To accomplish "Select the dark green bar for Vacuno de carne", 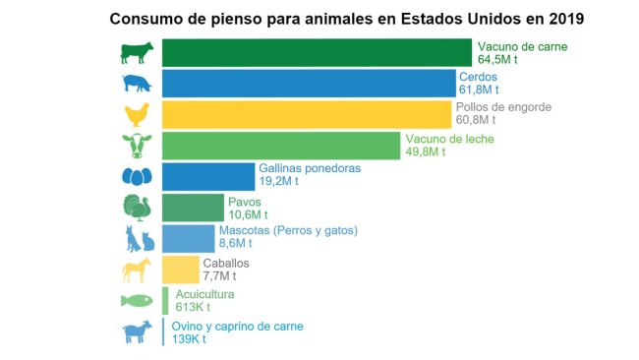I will tap(316, 53).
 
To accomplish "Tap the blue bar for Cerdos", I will tap(307, 84).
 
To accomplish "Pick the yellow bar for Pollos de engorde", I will tap(305, 114).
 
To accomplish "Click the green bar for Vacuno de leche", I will tap(280, 146).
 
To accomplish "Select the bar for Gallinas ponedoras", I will tap(206, 176).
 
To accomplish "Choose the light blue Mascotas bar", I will tap(187, 239).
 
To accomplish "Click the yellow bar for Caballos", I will tap(180, 270).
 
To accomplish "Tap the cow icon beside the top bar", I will tap(137, 52).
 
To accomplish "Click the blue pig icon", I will tap(137, 84).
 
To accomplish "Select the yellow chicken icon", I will tap(137, 114).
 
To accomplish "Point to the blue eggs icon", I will tap(137, 177).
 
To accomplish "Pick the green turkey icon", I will tap(137, 208).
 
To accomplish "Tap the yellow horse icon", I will tap(137, 270).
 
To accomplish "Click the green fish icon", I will tap(137, 301).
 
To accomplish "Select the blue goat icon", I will tap(137, 332).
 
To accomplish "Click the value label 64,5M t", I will tap(498, 60).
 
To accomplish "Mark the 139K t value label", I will tap(189, 339).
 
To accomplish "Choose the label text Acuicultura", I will tap(204, 294).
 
